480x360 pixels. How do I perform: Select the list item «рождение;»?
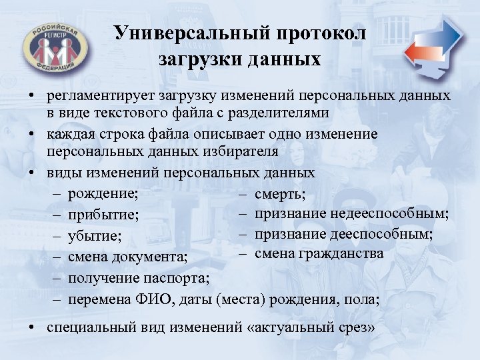[x=103, y=193]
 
